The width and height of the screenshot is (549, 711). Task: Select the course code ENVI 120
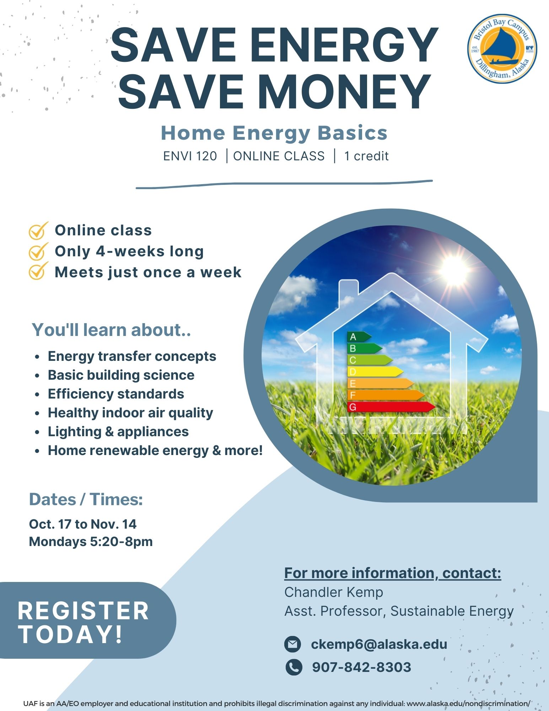[x=190, y=156]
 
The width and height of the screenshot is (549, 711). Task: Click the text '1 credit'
[x=366, y=156]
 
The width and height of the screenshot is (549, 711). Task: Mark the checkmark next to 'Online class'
[x=38, y=231]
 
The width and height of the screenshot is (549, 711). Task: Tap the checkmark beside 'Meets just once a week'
[x=38, y=271]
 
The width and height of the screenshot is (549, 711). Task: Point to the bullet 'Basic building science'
[x=121, y=375]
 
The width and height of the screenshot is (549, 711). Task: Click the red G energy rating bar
[x=391, y=407]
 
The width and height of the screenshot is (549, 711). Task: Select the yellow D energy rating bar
[x=375, y=372]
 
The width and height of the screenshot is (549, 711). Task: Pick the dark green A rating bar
[x=359, y=337]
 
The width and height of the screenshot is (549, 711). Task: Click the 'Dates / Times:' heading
[x=86, y=499]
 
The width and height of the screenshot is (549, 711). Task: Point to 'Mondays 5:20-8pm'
[x=91, y=542]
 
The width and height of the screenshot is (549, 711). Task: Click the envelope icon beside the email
[x=293, y=644]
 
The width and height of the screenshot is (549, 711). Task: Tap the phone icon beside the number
[x=294, y=667]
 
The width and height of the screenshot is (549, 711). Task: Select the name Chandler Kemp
[x=334, y=592]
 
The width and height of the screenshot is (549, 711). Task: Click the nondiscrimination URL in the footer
[x=468, y=704]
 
